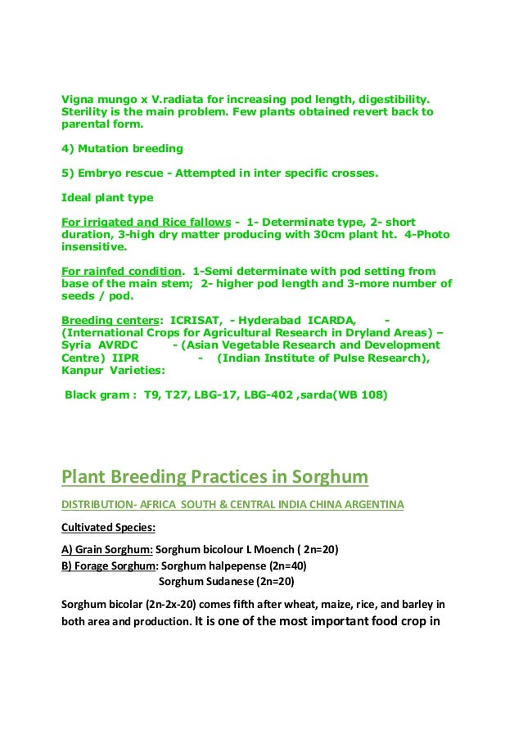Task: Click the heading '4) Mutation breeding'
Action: pos(122,149)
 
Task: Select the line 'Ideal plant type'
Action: pos(107,198)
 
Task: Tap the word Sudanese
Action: pos(229,582)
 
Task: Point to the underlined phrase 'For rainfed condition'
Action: pos(121,271)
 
